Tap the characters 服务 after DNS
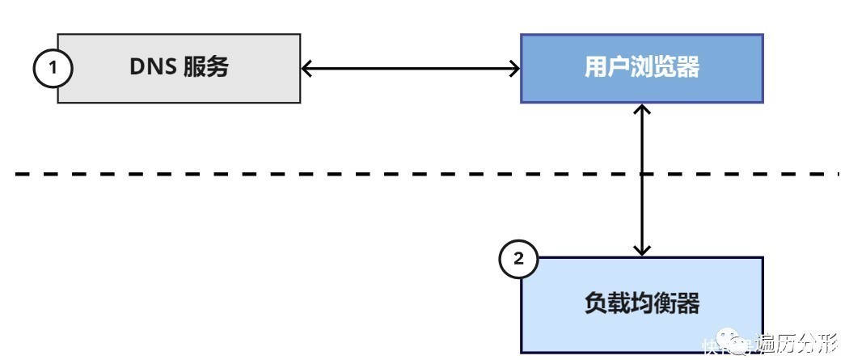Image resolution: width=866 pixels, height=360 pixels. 205,67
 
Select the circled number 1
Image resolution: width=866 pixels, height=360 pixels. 53,68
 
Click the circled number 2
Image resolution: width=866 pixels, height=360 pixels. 518,258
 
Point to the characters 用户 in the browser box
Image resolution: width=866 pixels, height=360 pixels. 607,67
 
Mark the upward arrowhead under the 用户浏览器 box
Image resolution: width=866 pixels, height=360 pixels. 642,109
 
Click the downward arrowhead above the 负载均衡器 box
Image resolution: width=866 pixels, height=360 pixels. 642,250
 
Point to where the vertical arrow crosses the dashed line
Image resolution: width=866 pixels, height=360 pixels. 642,173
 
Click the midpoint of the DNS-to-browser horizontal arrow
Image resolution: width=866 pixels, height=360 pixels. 410,69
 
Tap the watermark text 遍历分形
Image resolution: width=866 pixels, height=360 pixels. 796,343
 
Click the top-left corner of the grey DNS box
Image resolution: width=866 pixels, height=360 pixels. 58,35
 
